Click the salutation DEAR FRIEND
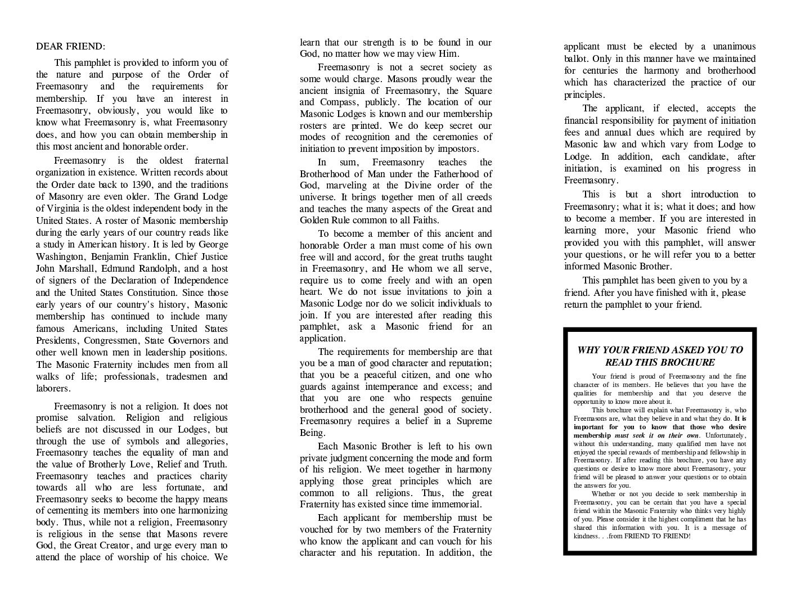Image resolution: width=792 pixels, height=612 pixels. pos(70,47)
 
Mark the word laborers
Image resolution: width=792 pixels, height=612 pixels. pos(53,389)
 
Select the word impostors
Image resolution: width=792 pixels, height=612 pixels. pos(457,149)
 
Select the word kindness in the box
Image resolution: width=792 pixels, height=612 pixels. pos(586,536)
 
